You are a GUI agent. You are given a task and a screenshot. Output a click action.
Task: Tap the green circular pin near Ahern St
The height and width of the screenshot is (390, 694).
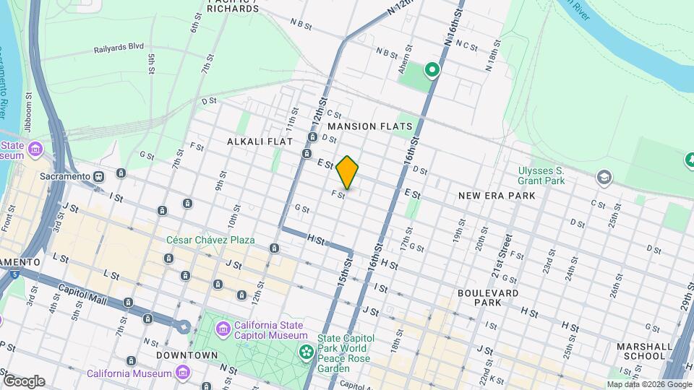click(x=432, y=70)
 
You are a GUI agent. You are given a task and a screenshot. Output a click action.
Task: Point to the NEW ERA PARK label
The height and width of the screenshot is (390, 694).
click(x=497, y=196)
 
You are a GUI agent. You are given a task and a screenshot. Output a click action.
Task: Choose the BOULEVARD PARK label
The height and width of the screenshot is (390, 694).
click(x=488, y=298)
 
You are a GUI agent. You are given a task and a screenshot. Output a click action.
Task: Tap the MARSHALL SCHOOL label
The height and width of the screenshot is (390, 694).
click(x=641, y=351)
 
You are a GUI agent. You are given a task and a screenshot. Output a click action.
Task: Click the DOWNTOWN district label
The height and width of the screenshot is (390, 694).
click(x=187, y=355)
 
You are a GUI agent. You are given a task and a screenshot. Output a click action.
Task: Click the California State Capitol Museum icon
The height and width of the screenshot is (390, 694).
click(x=223, y=330)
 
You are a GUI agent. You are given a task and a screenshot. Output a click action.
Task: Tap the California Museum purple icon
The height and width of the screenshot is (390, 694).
click(x=183, y=373)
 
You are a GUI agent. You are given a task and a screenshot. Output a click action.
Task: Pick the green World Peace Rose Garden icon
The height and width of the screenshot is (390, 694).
click(x=307, y=352)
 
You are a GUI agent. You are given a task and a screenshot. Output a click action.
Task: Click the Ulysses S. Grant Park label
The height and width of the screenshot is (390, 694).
click(x=541, y=175)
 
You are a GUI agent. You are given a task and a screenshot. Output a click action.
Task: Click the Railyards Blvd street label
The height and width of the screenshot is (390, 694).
click(x=119, y=50)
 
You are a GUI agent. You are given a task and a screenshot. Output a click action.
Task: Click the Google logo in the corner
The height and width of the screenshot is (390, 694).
click(x=24, y=381)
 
